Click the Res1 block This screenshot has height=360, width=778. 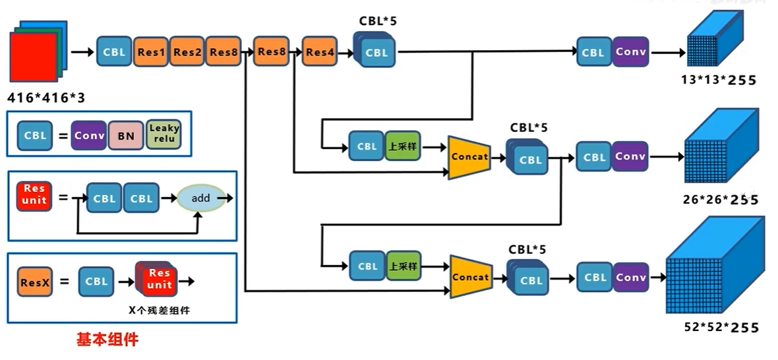click(x=151, y=51)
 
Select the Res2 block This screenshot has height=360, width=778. click(x=187, y=51)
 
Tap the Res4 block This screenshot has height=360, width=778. click(x=320, y=51)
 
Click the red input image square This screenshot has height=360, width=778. click(x=33, y=57)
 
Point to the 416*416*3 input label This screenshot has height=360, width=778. click(x=45, y=97)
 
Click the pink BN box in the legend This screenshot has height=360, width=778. click(x=126, y=135)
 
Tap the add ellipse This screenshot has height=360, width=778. click(x=201, y=198)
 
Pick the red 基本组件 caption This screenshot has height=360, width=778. click(x=107, y=340)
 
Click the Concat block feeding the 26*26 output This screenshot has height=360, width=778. click(x=469, y=157)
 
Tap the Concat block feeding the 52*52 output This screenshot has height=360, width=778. click(x=470, y=277)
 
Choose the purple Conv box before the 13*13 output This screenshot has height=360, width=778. click(x=630, y=51)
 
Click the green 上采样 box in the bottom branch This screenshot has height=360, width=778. click(x=403, y=266)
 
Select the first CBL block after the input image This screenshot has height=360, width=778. click(x=114, y=51)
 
